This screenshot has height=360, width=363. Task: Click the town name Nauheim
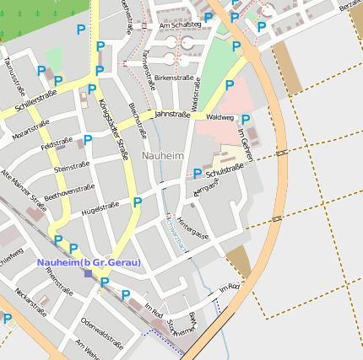(163, 156)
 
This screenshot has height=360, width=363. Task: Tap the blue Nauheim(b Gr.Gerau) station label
(89, 262)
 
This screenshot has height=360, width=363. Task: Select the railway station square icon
(88, 272)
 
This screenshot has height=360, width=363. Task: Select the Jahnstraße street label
(172, 112)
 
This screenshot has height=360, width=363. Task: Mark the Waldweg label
(219, 118)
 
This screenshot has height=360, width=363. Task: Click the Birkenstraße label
(175, 78)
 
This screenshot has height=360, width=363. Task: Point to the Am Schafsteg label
(180, 24)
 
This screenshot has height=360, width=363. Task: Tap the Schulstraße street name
(225, 173)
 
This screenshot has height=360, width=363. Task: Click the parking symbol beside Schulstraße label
(198, 174)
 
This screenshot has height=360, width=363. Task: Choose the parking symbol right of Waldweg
(246, 120)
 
